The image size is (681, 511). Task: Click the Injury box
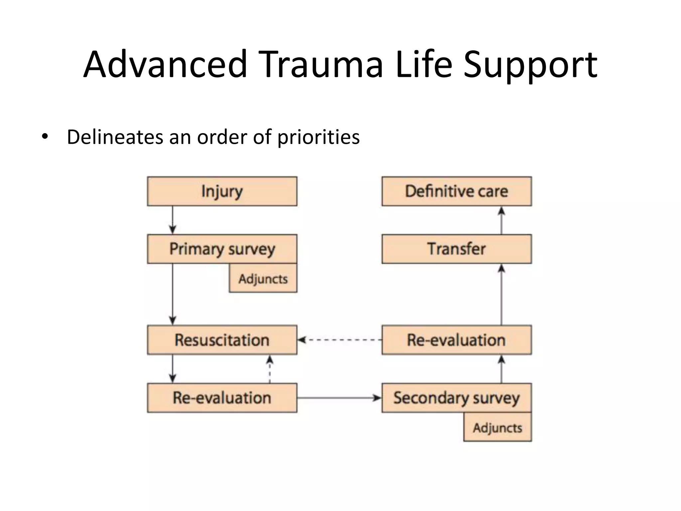222,191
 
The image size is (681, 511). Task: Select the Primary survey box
222,249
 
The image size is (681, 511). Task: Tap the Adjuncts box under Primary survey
263,278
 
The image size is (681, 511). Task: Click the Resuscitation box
222,340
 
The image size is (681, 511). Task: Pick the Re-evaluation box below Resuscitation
222,398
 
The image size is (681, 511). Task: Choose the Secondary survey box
457,398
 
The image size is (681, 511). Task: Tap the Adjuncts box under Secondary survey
497,427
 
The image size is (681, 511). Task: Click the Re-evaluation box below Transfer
457,340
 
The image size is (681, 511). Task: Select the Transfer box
457,249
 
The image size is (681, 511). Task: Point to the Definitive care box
457,191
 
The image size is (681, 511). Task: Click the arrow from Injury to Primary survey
172,220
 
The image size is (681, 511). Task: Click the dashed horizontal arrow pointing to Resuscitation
339,340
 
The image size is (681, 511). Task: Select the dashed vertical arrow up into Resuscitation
270,369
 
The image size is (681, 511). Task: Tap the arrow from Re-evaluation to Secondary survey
339,398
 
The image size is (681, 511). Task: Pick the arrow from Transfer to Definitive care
501,220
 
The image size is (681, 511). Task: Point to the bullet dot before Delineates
45,137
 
